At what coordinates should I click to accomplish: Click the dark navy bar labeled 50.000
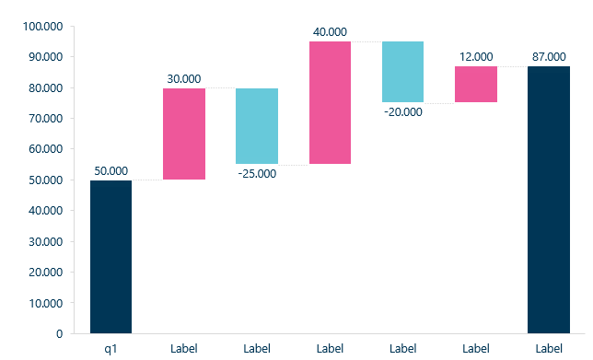click(110, 256)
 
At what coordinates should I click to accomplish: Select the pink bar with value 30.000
click(184, 134)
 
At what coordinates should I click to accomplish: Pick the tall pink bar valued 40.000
click(330, 102)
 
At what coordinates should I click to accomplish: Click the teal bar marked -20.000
click(402, 72)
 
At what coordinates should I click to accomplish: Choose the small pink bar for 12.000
click(476, 84)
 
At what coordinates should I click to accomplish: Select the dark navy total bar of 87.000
click(549, 199)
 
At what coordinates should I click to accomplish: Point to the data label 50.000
click(111, 171)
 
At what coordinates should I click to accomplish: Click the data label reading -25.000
click(257, 173)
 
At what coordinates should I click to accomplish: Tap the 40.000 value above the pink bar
click(330, 32)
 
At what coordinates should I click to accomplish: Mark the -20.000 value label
click(403, 111)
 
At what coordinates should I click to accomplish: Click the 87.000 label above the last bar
click(549, 57)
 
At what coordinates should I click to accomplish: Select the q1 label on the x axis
click(110, 348)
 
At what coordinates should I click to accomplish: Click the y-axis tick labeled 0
click(58, 333)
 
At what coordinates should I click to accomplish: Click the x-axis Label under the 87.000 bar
click(549, 348)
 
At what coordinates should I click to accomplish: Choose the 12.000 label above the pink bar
click(476, 57)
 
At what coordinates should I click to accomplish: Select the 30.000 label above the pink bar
click(184, 79)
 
